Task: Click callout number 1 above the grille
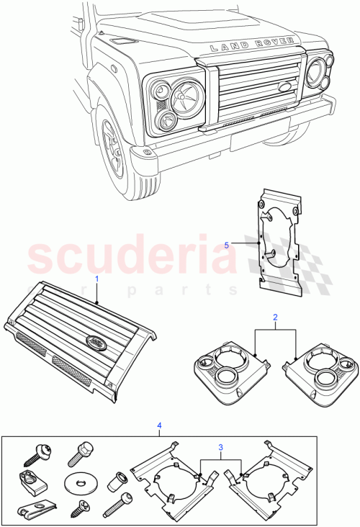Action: click(96, 278)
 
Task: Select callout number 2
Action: click(274, 317)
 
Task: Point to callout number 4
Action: click(159, 426)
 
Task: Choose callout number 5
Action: click(228, 246)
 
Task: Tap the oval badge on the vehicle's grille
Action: click(284, 87)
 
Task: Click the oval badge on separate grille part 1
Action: click(96, 343)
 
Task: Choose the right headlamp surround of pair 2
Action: click(319, 366)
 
